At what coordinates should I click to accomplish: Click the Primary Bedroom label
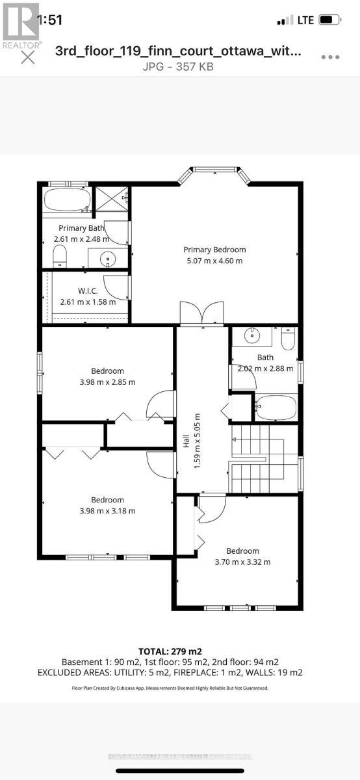point(214,250)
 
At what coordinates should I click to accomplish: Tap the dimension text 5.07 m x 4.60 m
point(214,261)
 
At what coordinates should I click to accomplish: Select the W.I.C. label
point(87,290)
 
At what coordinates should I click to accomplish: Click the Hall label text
point(186,440)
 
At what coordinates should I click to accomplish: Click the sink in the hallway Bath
point(251,336)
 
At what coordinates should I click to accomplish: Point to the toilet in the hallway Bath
point(288,338)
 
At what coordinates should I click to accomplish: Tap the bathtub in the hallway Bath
point(276,408)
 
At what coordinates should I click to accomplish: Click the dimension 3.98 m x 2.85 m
point(107,382)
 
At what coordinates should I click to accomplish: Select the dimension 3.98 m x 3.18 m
point(107,510)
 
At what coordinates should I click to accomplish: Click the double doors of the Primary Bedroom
point(202,313)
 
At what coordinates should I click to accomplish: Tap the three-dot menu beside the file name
point(331,57)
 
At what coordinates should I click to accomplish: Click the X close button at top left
point(27,57)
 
